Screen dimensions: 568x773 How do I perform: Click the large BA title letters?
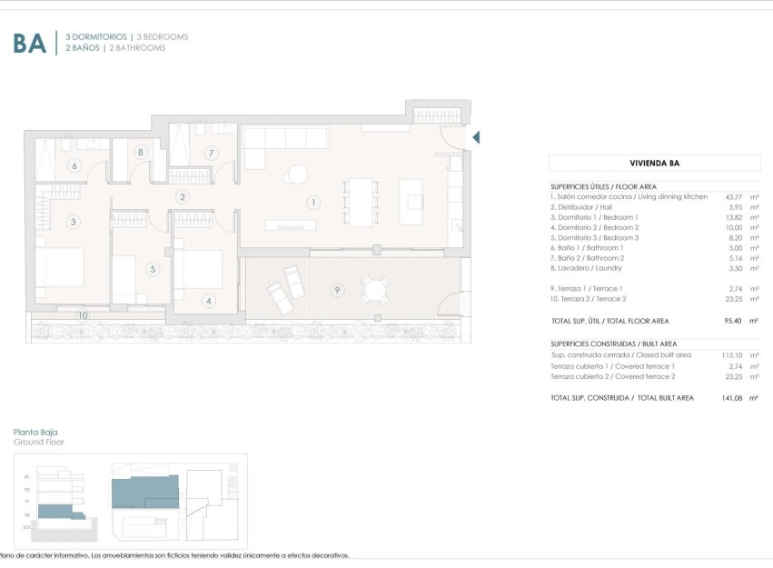pos(29,43)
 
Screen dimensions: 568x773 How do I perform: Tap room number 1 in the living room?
pos(313,203)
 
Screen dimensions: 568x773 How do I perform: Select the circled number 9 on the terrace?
pos(337,290)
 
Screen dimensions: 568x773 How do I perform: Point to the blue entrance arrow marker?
pos(475,137)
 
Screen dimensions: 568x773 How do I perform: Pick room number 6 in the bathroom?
pos(74,165)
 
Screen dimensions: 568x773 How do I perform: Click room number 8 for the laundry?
pos(141,153)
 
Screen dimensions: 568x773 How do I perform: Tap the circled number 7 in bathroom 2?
pos(211,154)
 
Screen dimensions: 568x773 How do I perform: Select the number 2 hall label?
pos(183,196)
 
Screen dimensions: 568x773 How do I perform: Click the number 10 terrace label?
pos(83,315)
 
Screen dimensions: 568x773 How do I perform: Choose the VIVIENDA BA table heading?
pos(655,164)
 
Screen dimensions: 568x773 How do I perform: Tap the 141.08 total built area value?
pos(732,398)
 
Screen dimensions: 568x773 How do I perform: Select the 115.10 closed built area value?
pos(733,354)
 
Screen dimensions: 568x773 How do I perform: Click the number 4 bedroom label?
pos(208,301)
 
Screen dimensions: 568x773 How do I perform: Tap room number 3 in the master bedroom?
pos(73,221)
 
